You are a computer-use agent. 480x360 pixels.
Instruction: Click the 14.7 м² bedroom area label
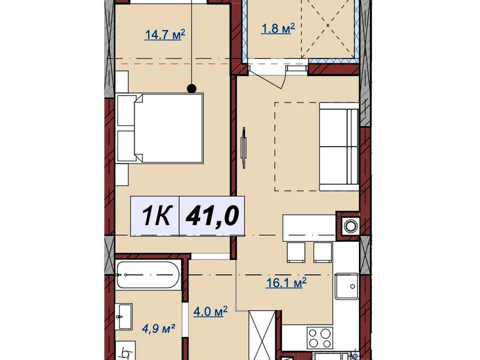click(x=165, y=34)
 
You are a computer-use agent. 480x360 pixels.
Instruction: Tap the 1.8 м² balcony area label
click(x=277, y=28)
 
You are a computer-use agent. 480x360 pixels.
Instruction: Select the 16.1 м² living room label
click(x=286, y=283)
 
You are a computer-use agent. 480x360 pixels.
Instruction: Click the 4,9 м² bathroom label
click(x=158, y=329)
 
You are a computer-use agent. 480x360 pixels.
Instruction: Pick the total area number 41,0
click(x=212, y=215)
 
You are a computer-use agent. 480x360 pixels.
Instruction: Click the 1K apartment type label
click(x=156, y=215)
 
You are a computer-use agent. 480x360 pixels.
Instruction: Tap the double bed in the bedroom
click(x=160, y=128)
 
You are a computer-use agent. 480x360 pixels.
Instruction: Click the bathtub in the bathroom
click(x=148, y=275)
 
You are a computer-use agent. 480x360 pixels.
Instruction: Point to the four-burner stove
click(x=320, y=338)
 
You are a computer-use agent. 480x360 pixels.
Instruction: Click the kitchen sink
click(x=346, y=286)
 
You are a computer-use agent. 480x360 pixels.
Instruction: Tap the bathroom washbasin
click(x=124, y=316)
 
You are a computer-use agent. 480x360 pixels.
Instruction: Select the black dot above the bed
click(x=191, y=88)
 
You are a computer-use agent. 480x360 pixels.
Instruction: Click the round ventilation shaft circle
click(x=350, y=226)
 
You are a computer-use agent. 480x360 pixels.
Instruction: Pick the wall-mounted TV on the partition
click(x=243, y=147)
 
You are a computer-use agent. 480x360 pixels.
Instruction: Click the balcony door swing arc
click(x=283, y=80)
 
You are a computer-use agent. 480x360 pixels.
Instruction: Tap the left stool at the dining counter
click(x=296, y=252)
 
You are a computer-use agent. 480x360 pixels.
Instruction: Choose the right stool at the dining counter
click(x=322, y=252)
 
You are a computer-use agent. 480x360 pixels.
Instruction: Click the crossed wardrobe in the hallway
click(x=262, y=335)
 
